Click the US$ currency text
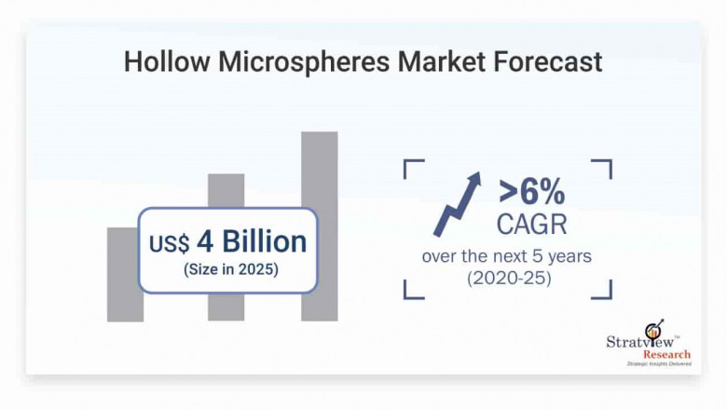[169, 244]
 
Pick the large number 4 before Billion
[204, 241]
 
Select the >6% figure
[531, 192]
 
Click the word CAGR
[532, 224]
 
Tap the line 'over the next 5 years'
[506, 255]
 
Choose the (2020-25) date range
[507, 278]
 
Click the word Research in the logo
[665, 354]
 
